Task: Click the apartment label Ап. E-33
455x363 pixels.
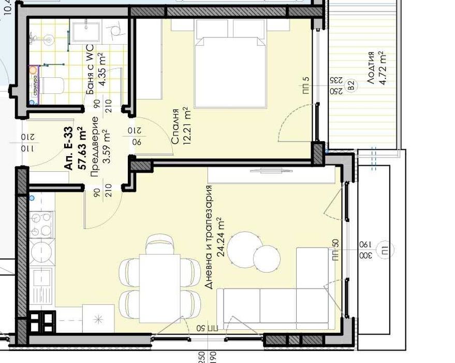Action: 69,152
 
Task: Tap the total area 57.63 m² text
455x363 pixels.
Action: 80,149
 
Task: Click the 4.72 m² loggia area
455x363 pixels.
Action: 383,67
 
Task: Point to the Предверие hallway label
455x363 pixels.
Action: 94,147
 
